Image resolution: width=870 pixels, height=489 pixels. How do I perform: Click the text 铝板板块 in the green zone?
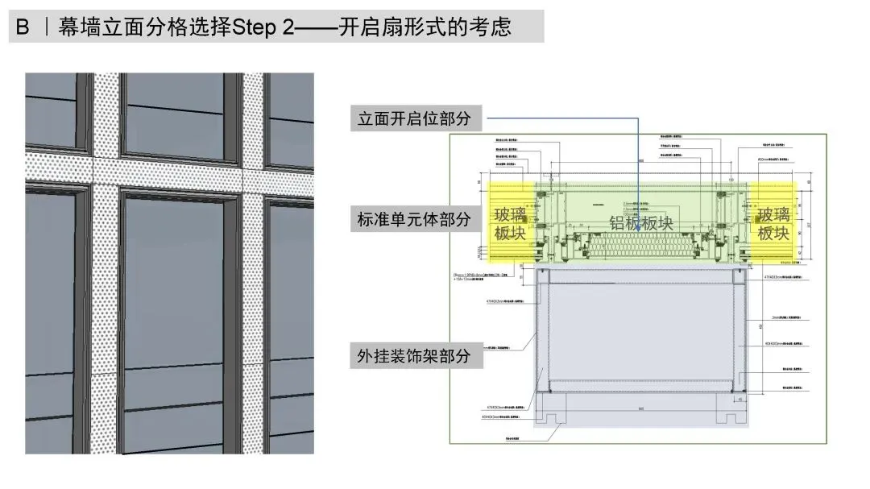(641, 223)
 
